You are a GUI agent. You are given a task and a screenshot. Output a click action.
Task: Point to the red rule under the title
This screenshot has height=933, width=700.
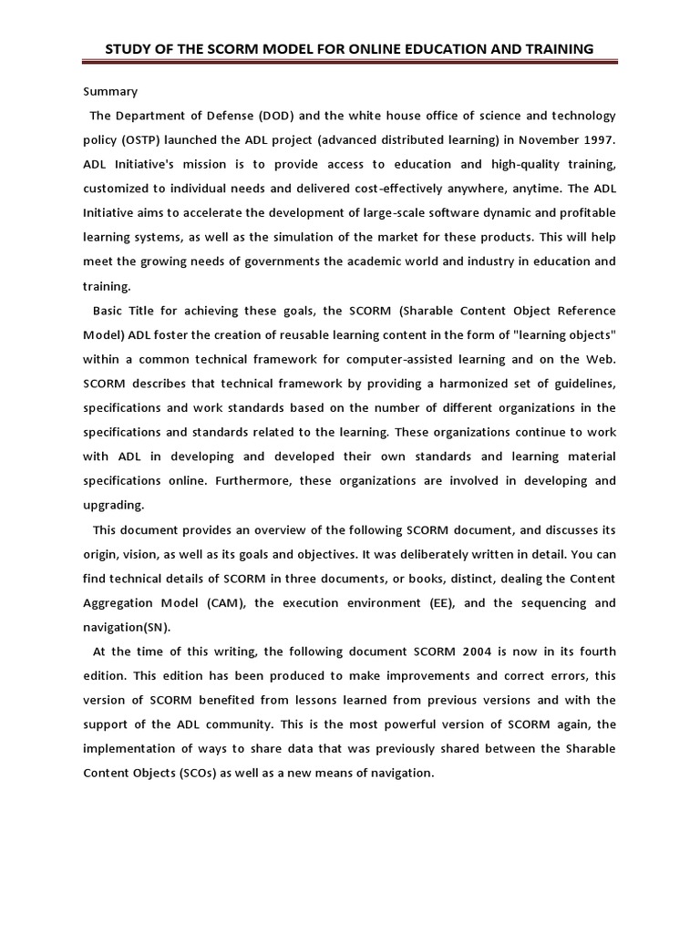tap(349, 63)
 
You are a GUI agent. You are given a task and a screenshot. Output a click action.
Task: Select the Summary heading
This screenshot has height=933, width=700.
tap(110, 91)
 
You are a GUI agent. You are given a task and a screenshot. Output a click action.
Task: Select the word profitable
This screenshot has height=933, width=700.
tap(582, 212)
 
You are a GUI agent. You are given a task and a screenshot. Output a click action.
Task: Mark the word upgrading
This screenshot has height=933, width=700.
tap(114, 505)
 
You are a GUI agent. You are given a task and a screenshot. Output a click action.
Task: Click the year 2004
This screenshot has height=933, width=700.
tap(464, 651)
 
